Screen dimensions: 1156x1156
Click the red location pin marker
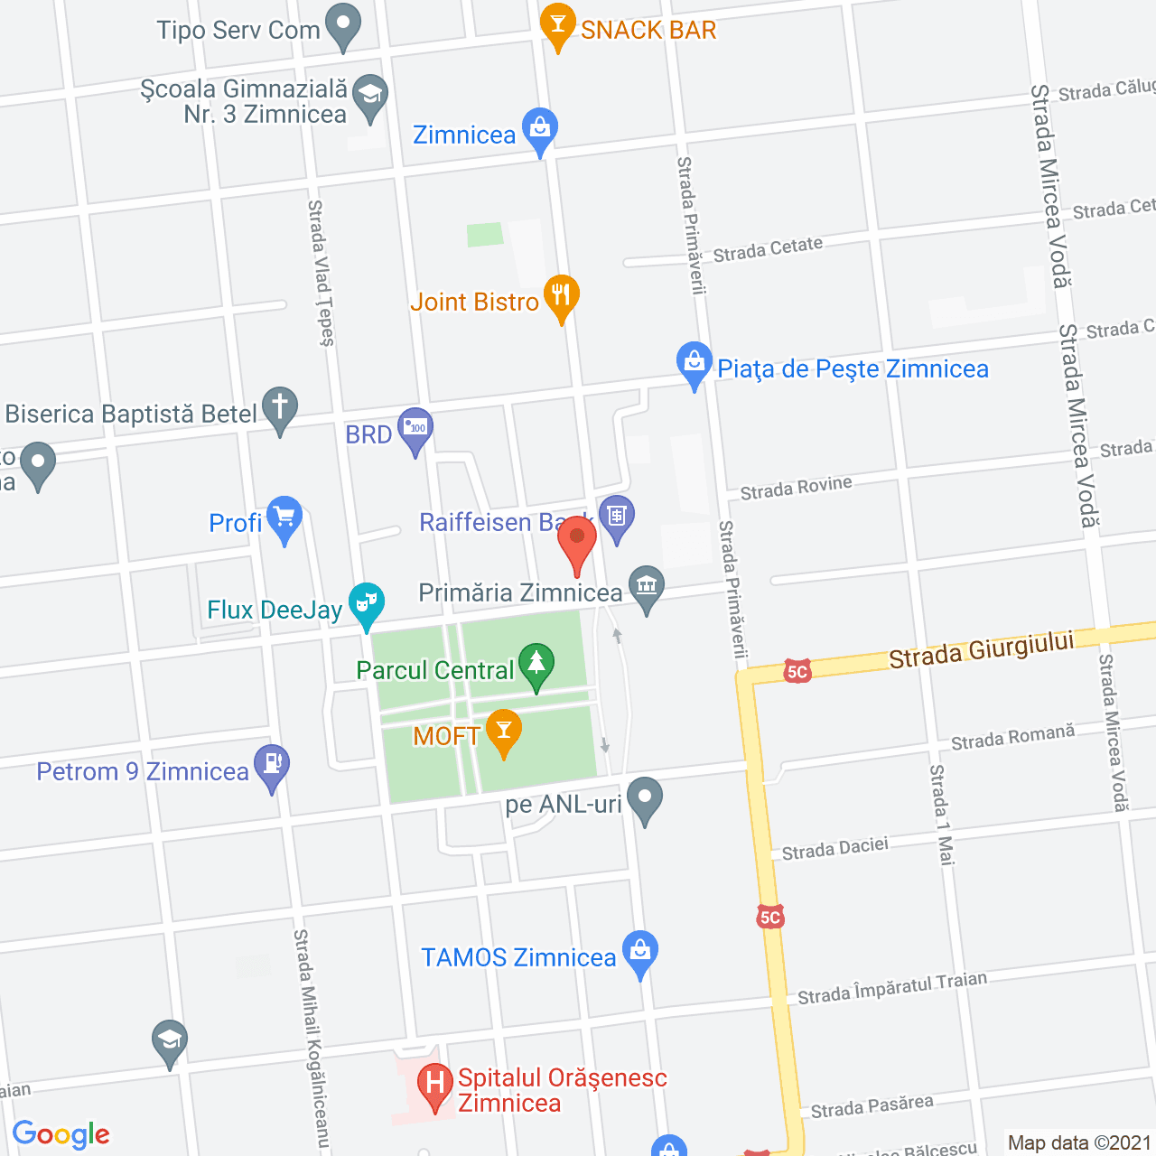[x=577, y=538]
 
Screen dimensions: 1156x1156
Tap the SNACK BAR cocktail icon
[x=557, y=24]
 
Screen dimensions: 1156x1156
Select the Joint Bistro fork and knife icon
[x=561, y=295]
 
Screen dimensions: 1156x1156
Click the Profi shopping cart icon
[x=284, y=517]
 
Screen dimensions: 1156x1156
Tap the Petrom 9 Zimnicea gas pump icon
[x=272, y=765]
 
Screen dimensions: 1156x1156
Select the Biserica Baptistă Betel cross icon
[x=280, y=407]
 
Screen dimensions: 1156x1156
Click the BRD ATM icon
[x=415, y=428]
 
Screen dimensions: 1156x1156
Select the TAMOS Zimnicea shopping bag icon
[x=640, y=951]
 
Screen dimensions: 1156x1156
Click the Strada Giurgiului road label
[x=982, y=649]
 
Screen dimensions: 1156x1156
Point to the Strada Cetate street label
[x=768, y=249]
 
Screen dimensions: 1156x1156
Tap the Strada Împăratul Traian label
[x=892, y=988]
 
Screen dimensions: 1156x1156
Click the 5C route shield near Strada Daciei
[x=769, y=918]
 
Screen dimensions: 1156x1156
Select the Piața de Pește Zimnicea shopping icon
[x=694, y=362]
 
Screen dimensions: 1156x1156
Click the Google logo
[x=61, y=1134]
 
